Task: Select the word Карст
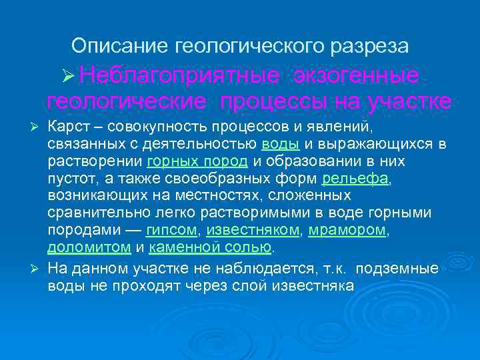click(67, 127)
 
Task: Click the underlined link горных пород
click(197, 161)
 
